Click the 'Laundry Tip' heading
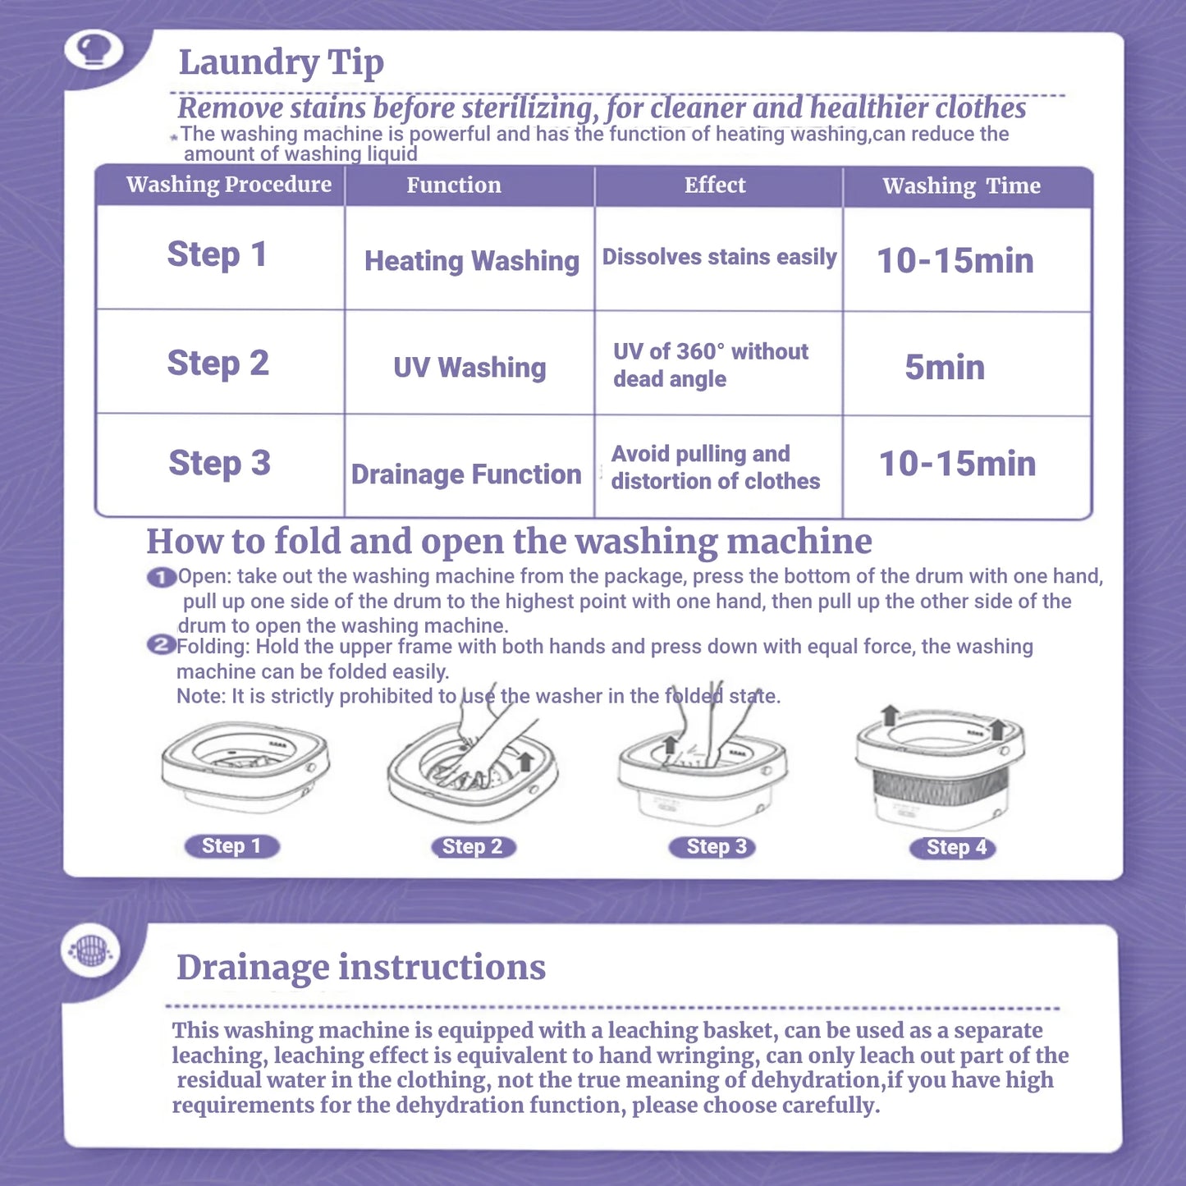pyautogui.click(x=281, y=63)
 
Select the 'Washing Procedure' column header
pyautogui.click(x=228, y=185)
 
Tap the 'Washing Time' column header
pyautogui.click(x=961, y=186)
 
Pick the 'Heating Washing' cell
pyautogui.click(x=471, y=261)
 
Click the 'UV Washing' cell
pyautogui.click(x=469, y=368)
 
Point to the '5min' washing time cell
pyautogui.click(x=945, y=368)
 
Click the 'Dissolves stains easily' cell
pyautogui.click(x=719, y=257)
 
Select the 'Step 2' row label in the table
pyautogui.click(x=218, y=363)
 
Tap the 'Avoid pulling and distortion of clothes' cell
pyautogui.click(x=715, y=468)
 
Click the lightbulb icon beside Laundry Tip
pyautogui.click(x=94, y=50)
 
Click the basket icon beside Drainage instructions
pyautogui.click(x=90, y=950)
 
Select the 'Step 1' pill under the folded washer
pyautogui.click(x=231, y=846)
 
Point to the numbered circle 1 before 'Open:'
pyautogui.click(x=161, y=578)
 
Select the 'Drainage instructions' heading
pyautogui.click(x=360, y=967)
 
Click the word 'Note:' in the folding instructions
pyautogui.click(x=200, y=697)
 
